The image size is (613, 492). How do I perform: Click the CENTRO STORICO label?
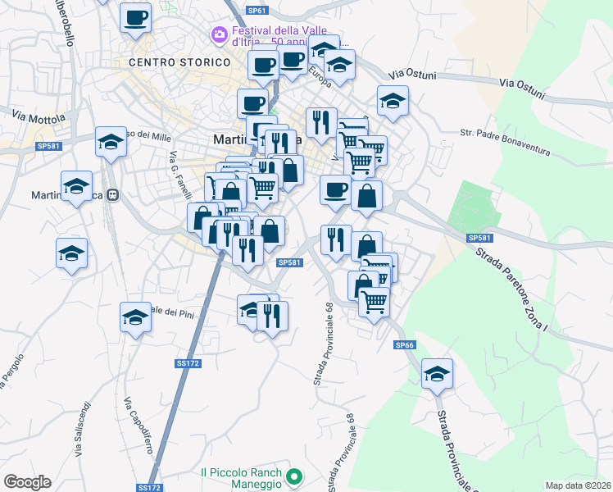(x=179, y=62)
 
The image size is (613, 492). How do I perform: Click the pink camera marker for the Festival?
(x=218, y=34)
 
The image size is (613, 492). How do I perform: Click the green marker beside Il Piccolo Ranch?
(x=298, y=476)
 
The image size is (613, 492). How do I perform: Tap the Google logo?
(x=27, y=482)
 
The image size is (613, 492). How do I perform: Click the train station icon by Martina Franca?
(x=115, y=195)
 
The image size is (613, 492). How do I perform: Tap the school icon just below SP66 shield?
(x=437, y=374)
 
